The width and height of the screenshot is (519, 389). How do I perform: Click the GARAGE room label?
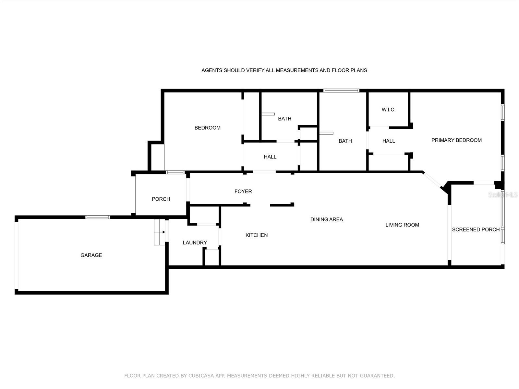[x=91, y=255]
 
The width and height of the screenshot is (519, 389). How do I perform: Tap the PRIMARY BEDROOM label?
[x=456, y=140]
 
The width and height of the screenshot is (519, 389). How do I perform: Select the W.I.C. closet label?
[x=389, y=110]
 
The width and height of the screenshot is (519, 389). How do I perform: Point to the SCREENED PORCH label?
[x=476, y=229]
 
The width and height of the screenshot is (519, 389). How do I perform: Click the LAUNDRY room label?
[x=195, y=242]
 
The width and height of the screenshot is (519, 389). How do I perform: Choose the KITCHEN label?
[x=257, y=235]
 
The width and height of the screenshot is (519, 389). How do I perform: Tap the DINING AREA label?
[x=327, y=219]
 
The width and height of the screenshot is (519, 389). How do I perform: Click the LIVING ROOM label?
[x=402, y=225]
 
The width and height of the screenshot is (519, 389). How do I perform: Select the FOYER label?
[x=243, y=191]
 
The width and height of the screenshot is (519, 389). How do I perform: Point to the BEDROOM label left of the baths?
[x=207, y=128]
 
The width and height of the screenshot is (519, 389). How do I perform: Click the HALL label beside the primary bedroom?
[x=389, y=141]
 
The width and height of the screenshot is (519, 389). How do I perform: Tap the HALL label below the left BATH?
[x=270, y=157]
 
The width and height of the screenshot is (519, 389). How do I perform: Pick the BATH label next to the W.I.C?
[x=345, y=141]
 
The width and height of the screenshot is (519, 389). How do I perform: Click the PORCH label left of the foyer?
[x=161, y=199]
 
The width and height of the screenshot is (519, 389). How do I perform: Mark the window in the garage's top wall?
[x=97, y=217]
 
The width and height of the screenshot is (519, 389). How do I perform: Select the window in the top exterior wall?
[x=341, y=90]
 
